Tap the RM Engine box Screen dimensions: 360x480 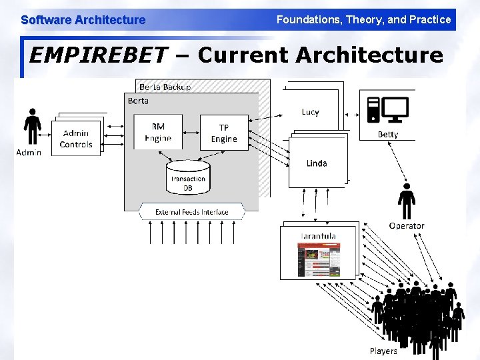click(x=158, y=132)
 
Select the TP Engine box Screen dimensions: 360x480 click(x=224, y=133)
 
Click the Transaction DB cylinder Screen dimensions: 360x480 click(x=188, y=177)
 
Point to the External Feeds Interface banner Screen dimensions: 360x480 click(x=191, y=212)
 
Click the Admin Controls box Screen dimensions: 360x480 click(x=76, y=138)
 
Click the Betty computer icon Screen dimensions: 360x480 click(x=388, y=109)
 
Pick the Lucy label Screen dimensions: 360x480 click(x=311, y=112)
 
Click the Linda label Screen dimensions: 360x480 click(x=317, y=163)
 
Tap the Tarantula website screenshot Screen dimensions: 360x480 click(x=319, y=259)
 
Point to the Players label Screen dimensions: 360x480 click(x=383, y=351)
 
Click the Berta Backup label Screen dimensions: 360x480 click(x=165, y=87)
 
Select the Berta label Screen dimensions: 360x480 click(x=137, y=101)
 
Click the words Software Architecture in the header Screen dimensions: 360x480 click(x=83, y=20)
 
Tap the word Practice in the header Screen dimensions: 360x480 click(x=430, y=19)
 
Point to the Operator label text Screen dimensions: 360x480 click(x=407, y=225)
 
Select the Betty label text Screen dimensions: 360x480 click(x=388, y=134)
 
